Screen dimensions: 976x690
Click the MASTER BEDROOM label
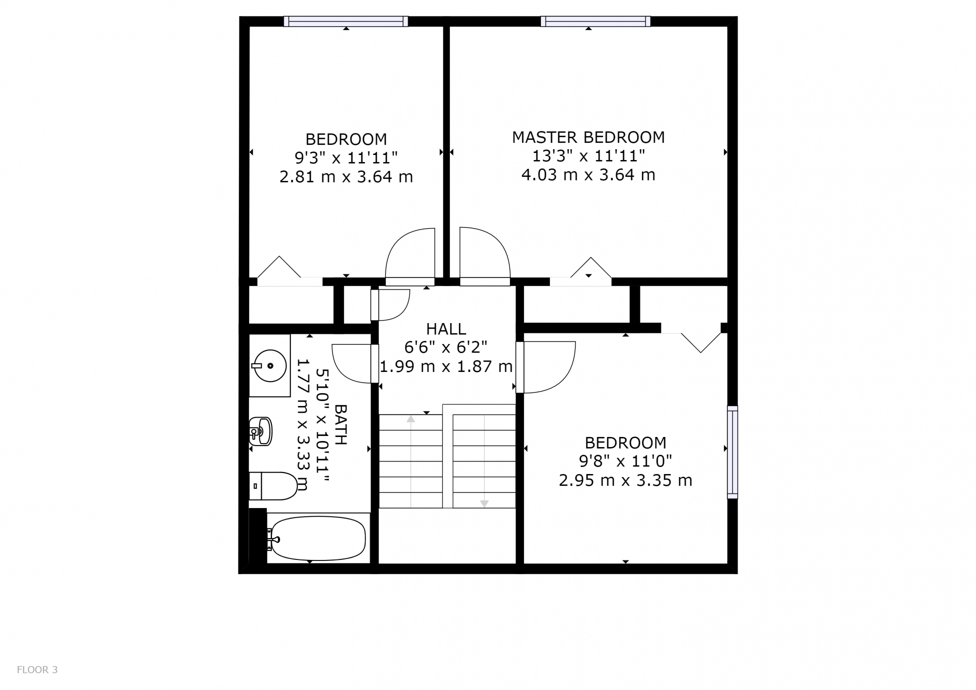click(x=588, y=137)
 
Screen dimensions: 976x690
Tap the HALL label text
click(x=446, y=329)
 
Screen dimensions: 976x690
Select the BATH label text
click(x=341, y=425)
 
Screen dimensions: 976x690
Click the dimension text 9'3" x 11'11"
click(x=346, y=158)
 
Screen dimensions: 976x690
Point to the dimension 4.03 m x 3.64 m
click(x=588, y=175)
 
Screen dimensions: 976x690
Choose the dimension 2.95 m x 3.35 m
click(x=625, y=480)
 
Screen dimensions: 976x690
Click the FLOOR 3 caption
click(x=37, y=670)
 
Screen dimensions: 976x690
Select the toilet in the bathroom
click(x=273, y=486)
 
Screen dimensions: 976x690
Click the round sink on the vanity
click(x=270, y=365)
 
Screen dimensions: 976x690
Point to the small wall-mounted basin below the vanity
click(x=261, y=431)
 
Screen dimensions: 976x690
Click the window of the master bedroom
click(x=595, y=21)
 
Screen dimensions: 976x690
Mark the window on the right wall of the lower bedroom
click(x=733, y=452)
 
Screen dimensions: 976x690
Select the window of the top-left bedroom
click(x=346, y=21)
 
